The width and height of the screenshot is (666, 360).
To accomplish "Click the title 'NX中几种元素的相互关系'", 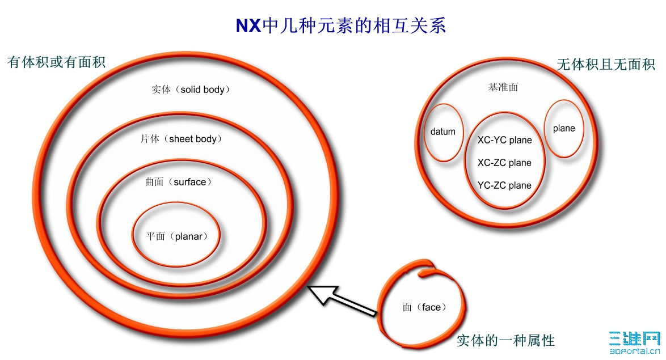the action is [340, 26].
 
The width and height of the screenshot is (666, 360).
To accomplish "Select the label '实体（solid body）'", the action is [191, 90].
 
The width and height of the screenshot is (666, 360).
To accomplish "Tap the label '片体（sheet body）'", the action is [182, 139].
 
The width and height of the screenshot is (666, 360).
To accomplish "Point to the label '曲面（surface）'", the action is [178, 182].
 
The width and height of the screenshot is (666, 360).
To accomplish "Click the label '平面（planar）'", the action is [177, 236].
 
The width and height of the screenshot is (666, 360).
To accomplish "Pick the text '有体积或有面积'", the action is [56, 62].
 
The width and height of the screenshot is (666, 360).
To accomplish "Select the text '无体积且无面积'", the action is [606, 65].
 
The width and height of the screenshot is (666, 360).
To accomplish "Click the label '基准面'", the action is [503, 87].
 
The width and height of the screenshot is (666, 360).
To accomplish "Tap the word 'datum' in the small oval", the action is [443, 132].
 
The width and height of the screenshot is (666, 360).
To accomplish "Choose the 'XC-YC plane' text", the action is [504, 140].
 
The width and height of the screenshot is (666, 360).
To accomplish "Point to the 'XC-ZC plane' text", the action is [504, 163].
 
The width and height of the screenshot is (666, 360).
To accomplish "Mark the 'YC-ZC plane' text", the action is [504, 185].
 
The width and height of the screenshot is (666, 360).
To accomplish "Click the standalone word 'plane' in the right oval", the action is [564, 128].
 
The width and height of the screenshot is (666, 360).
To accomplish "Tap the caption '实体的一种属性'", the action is [506, 341].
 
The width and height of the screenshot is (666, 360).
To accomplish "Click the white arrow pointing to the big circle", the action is [342, 300].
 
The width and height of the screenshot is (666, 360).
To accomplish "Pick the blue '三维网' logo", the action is [635, 339].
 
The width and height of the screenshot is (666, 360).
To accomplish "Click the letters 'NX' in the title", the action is [248, 26].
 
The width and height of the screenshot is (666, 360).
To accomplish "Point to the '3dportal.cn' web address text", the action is [635, 351].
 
